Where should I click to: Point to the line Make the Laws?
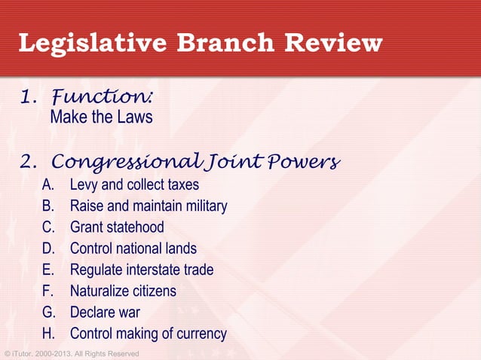click(101, 117)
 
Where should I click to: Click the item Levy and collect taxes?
click(134, 185)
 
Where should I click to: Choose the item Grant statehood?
click(117, 227)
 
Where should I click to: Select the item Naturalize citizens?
click(123, 290)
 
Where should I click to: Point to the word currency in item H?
click(200, 333)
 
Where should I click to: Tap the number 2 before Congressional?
click(28, 163)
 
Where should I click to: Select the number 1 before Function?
click(26, 97)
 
